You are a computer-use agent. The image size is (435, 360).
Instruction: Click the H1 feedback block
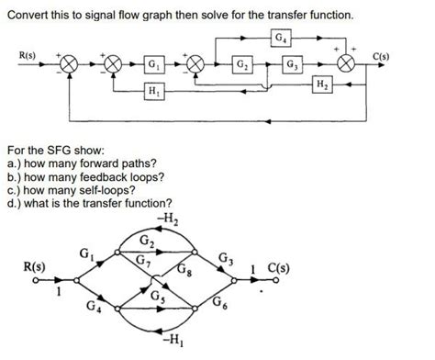click(155, 92)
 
